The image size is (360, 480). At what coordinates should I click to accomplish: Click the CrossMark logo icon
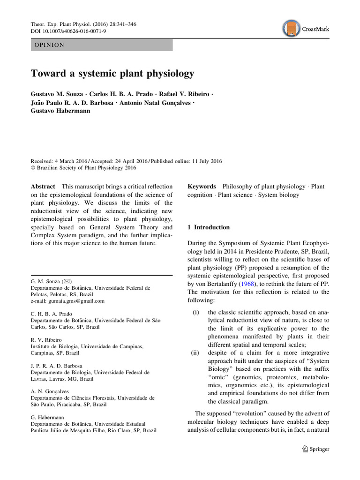[x=292, y=28]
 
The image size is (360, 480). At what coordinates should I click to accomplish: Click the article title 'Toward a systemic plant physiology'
[x=112, y=74]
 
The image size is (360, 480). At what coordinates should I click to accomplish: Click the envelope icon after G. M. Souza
[x=66, y=281]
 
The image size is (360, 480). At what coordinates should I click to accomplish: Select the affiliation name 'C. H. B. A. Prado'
[x=52, y=314]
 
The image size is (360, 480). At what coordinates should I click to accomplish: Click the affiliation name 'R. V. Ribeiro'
[x=45, y=340]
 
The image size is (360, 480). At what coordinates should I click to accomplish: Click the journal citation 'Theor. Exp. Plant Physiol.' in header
[x=63, y=23]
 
